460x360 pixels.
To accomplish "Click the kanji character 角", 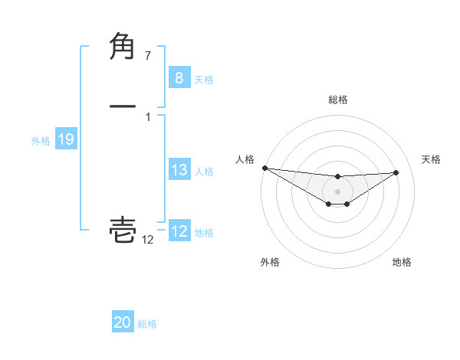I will pyautogui.click(x=123, y=47).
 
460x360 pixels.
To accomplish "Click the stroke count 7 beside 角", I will pyautogui.click(x=148, y=55).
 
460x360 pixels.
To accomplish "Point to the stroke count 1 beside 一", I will pyautogui.click(x=148, y=117).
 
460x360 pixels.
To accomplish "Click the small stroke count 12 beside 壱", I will pyautogui.click(x=147, y=240).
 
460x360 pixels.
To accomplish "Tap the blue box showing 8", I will pyautogui.click(x=179, y=77).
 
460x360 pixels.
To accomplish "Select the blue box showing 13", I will pyautogui.click(x=179, y=170).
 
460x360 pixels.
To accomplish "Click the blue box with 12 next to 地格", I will pyautogui.click(x=179, y=231).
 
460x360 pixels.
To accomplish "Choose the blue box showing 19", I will pyautogui.click(x=65, y=139).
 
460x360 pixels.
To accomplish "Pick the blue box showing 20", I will pyautogui.click(x=123, y=322).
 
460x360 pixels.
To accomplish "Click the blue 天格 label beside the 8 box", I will pyautogui.click(x=204, y=79).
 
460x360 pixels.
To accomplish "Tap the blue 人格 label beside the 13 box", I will pyautogui.click(x=204, y=172).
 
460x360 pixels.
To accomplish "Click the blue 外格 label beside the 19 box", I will pyautogui.click(x=41, y=141).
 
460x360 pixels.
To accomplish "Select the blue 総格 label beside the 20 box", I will pyautogui.click(x=147, y=324).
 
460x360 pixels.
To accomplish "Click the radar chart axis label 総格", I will pyautogui.click(x=338, y=100).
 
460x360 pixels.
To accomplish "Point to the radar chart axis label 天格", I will pyautogui.click(x=432, y=159).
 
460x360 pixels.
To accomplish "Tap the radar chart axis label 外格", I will pyautogui.click(x=270, y=262).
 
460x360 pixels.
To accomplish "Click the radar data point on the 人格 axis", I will pyautogui.click(x=264, y=168).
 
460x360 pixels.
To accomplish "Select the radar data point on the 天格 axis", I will pyautogui.click(x=396, y=172).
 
